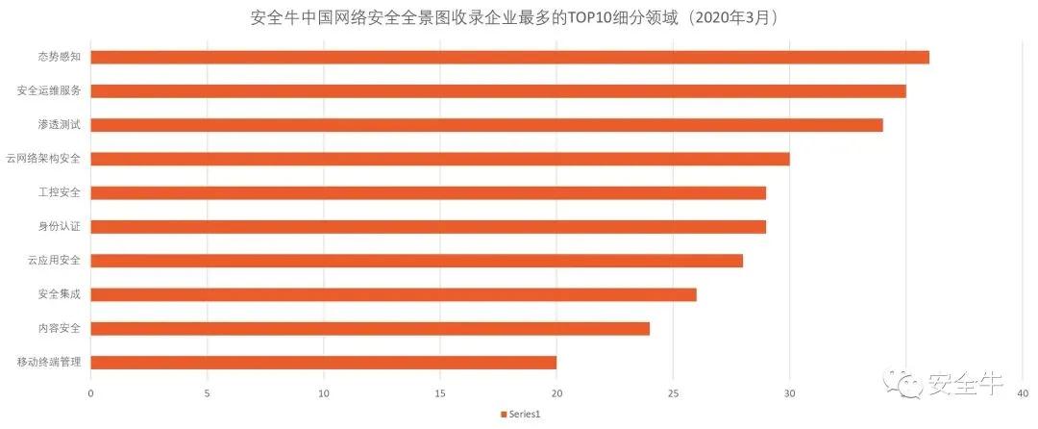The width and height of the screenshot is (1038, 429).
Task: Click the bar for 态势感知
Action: pyautogui.click(x=509, y=57)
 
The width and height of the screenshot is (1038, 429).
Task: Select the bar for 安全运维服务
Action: pyautogui.click(x=498, y=91)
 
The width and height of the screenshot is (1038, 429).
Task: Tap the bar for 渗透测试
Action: pyautogui.click(x=486, y=125)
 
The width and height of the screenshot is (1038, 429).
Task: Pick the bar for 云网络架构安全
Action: pyautogui.click(x=439, y=159)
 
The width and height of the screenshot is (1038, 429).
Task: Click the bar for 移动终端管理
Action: pyautogui.click(x=323, y=363)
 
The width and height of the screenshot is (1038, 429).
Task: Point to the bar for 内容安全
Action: pyautogui.click(x=370, y=329)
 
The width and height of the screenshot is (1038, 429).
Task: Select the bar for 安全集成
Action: pyautogui.click(x=393, y=294)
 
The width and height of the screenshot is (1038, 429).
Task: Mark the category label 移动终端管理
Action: pyautogui.click(x=49, y=363)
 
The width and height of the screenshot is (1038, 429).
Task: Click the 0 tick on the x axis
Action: pyautogui.click(x=90, y=393)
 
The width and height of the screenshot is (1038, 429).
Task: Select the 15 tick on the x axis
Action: pyautogui.click(x=440, y=393)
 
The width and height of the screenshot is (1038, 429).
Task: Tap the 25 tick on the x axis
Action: pyautogui.click(x=673, y=393)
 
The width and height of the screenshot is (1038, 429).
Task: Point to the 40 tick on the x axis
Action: pyautogui.click(x=1023, y=393)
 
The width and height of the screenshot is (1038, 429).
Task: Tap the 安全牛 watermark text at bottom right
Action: pyautogui.click(x=964, y=385)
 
